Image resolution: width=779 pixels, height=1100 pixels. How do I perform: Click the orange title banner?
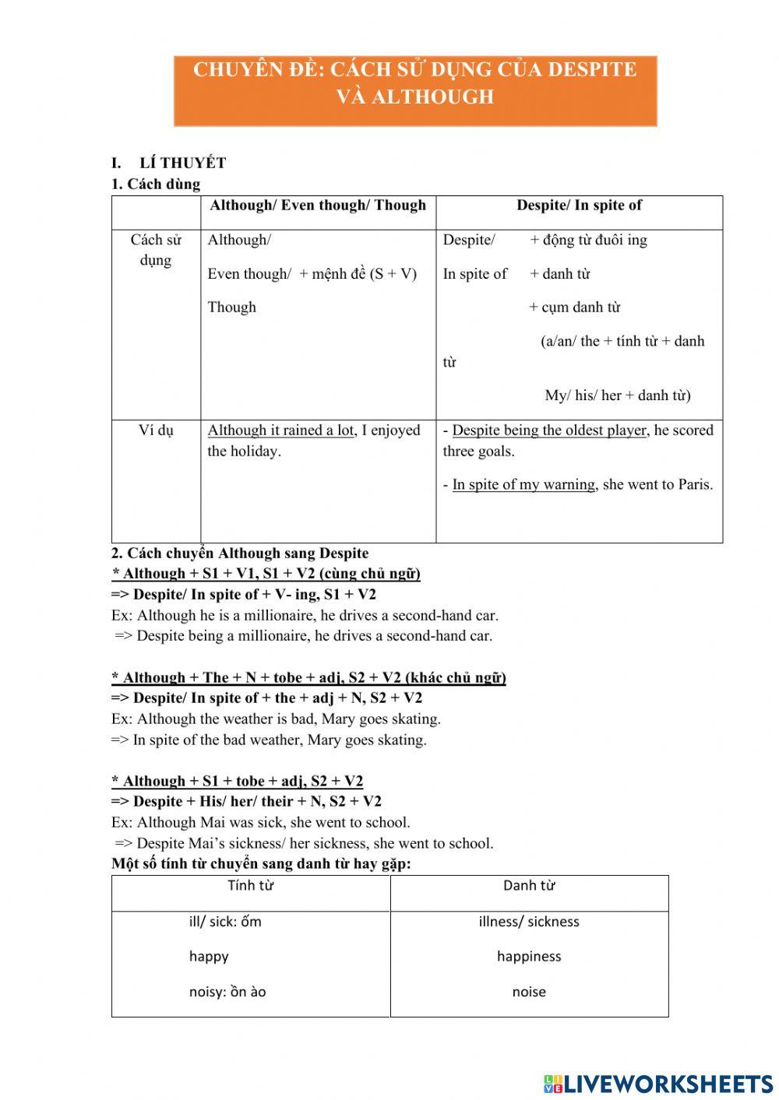[415, 90]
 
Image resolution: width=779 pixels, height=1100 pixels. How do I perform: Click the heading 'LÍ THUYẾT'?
[183, 163]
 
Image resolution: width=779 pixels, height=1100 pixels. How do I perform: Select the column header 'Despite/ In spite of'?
[579, 206]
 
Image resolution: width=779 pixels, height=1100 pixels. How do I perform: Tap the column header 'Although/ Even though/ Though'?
[318, 206]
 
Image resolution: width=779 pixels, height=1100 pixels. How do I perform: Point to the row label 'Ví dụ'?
[156, 431]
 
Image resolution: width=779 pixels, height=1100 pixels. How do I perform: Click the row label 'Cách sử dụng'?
[156, 250]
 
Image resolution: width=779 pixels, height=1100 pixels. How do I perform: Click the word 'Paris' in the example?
[695, 484]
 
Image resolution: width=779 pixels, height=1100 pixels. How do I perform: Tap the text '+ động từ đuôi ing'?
[588, 240]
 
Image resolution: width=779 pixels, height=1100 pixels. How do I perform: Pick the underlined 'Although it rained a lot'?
[280, 431]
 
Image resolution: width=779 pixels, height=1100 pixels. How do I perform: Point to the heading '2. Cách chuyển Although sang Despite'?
[240, 554]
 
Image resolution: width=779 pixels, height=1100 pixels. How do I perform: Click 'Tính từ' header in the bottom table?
[250, 885]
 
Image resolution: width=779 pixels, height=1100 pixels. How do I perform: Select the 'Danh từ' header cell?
[529, 885]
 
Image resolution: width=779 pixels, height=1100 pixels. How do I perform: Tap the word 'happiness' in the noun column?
[529, 956]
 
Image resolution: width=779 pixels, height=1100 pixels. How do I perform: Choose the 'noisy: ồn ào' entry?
[227, 992]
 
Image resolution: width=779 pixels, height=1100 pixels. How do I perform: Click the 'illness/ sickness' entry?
[529, 922]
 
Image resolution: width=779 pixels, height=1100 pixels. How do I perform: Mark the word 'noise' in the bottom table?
[529, 992]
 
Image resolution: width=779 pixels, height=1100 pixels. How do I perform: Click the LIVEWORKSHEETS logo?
[658, 1083]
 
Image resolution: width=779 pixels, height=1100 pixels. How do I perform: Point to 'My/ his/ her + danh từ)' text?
[617, 395]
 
